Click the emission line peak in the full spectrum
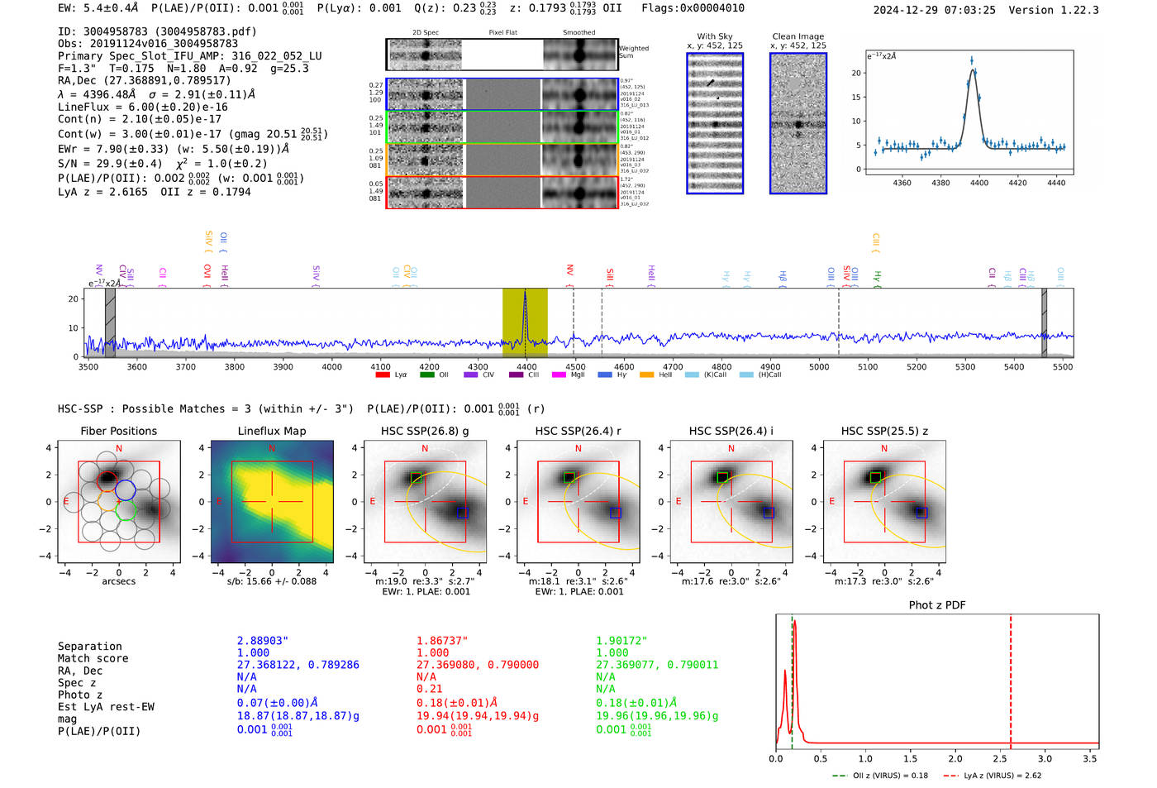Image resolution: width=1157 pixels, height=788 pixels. click(x=525, y=293)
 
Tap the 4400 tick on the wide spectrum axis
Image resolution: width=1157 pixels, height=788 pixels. click(x=526, y=367)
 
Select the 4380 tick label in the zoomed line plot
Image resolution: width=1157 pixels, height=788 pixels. click(x=940, y=183)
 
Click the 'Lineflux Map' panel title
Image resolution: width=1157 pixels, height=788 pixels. click(x=271, y=431)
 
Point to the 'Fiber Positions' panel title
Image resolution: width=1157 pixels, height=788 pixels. click(x=118, y=431)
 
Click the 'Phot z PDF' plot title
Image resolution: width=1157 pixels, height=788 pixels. click(x=936, y=605)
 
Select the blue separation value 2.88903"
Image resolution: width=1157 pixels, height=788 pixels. click(x=262, y=641)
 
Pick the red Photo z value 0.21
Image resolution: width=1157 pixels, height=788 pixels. click(x=429, y=689)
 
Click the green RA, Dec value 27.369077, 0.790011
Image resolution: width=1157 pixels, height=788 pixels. click(x=657, y=665)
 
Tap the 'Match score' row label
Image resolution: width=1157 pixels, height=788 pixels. click(x=93, y=659)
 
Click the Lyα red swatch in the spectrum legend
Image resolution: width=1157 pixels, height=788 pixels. click(x=383, y=375)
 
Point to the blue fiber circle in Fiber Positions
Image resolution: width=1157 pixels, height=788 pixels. click(x=125, y=490)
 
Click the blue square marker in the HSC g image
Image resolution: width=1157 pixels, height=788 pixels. click(x=462, y=513)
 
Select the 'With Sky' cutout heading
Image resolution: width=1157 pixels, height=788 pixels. click(x=714, y=36)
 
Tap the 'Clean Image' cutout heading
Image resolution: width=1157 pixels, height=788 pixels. click(x=798, y=36)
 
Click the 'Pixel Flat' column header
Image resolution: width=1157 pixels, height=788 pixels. click(x=502, y=33)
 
